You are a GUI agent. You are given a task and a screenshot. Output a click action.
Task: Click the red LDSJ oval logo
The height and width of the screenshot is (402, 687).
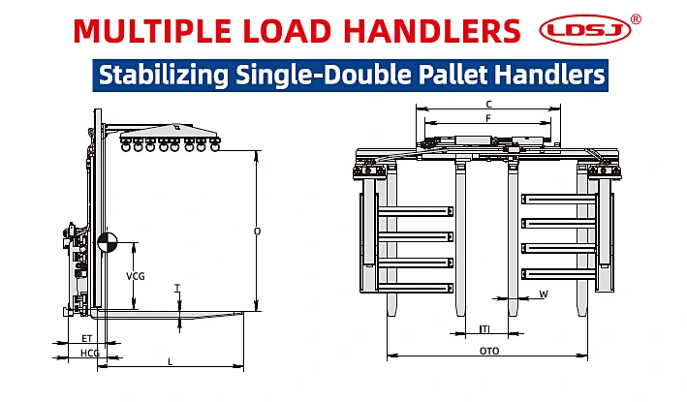(x=585, y=30)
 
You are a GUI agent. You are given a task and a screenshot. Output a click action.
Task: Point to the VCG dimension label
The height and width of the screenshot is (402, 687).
(x=136, y=276)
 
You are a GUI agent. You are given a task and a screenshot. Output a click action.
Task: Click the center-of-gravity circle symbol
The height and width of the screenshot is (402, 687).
(x=108, y=242)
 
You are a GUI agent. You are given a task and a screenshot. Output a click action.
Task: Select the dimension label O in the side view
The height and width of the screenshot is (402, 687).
(x=257, y=232)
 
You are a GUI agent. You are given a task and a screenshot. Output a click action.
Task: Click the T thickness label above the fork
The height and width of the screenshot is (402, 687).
(x=177, y=288)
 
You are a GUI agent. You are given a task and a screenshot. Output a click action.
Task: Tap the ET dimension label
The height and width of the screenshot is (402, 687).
(x=87, y=338)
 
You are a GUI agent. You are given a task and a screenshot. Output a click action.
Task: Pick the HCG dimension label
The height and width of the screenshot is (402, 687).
(x=90, y=353)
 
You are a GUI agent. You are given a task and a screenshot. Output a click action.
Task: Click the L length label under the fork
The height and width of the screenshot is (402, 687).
(x=171, y=362)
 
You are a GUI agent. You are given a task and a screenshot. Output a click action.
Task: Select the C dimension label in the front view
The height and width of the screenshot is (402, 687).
(x=489, y=105)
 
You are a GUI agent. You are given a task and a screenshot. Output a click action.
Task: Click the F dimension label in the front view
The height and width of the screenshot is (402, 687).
(x=488, y=118)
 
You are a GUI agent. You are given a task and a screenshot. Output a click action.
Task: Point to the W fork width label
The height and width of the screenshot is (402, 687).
(x=544, y=294)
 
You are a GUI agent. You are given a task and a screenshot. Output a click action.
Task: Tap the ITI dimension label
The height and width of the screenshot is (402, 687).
(x=484, y=329)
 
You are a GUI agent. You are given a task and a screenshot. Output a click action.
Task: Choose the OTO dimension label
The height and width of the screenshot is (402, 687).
(x=489, y=351)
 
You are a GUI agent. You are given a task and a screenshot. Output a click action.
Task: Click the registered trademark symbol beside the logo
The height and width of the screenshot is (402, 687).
(x=636, y=19)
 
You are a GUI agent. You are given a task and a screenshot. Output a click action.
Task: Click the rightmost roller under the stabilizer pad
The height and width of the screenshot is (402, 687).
(x=215, y=146)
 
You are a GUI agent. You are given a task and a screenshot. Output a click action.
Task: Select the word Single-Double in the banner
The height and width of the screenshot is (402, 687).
(x=324, y=75)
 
